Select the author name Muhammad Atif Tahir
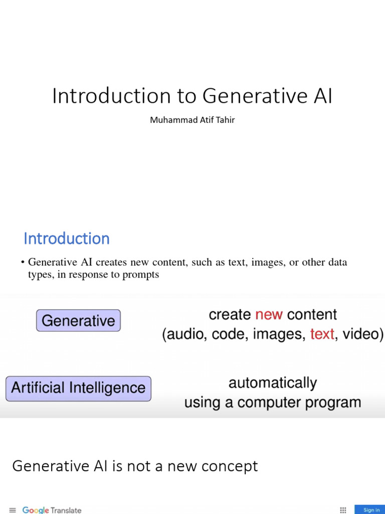pos(192,120)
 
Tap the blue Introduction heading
pos(67,238)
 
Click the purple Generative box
pos(78,321)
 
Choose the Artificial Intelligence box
pos(78,388)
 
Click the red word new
pos(269,315)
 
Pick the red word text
pos(322,334)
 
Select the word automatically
pos(273,383)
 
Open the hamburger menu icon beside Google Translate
pos(13,510)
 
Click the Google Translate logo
pos(52,510)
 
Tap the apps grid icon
pos(343,510)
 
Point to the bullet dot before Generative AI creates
pos(23,263)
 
